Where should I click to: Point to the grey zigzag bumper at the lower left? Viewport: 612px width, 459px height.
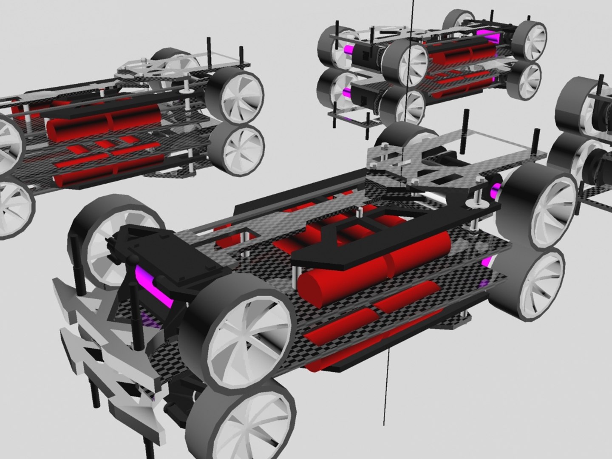(x=98, y=340)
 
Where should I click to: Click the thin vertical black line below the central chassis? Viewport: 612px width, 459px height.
(x=386, y=382)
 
